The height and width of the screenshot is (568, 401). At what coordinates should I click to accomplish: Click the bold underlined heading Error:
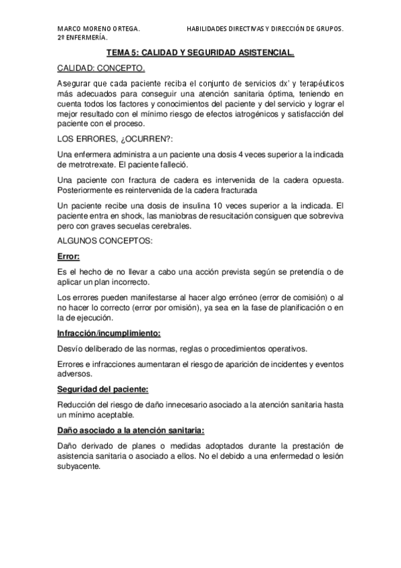coord(69,255)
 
